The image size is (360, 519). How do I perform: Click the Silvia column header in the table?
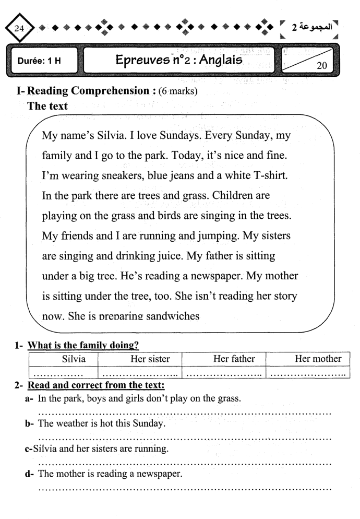click(x=64, y=359)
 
